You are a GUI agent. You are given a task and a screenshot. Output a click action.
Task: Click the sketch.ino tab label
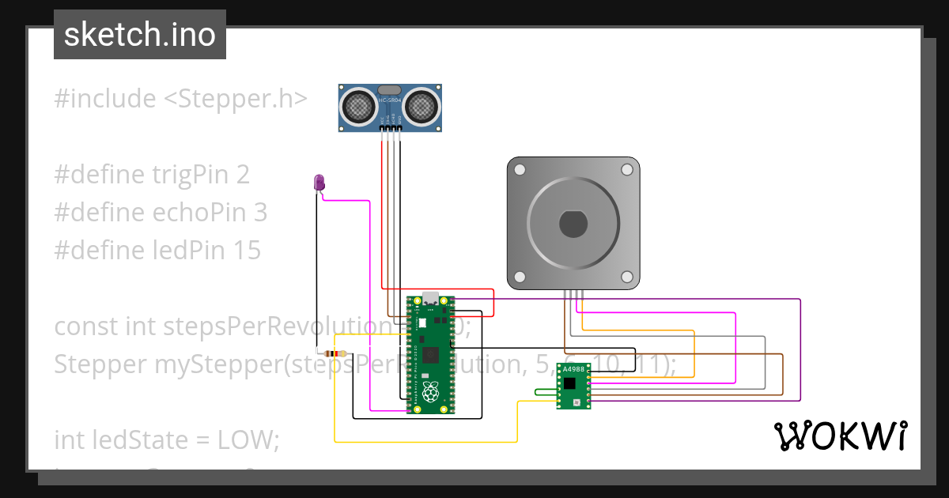pyautogui.click(x=139, y=35)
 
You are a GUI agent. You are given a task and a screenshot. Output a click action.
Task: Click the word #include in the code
pyautogui.click(x=105, y=99)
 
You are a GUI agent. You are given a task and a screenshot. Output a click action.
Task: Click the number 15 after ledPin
pyautogui.click(x=248, y=251)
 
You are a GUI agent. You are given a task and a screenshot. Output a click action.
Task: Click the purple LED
pyautogui.click(x=319, y=183)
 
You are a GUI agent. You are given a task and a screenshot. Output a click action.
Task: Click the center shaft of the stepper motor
pyautogui.click(x=573, y=224)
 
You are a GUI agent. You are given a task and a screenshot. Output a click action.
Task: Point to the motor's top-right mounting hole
pyautogui.click(x=626, y=170)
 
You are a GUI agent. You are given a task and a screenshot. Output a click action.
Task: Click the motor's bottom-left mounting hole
pyautogui.click(x=520, y=277)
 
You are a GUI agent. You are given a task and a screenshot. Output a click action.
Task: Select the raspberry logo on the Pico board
pyautogui.click(x=430, y=391)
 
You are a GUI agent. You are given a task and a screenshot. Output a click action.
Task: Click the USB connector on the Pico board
pyautogui.click(x=431, y=300)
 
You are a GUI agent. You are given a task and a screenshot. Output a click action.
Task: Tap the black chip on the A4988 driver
pyautogui.click(x=571, y=383)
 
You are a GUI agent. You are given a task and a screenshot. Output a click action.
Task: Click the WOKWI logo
pyautogui.click(x=840, y=436)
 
